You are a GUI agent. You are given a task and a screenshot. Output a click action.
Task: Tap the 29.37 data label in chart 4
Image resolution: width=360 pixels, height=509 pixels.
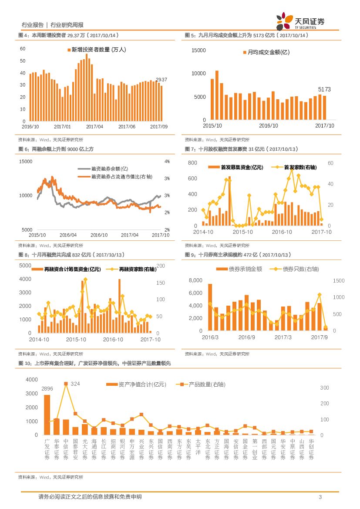[161, 80]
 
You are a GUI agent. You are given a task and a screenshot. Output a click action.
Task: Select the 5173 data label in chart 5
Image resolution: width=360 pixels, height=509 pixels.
[324, 89]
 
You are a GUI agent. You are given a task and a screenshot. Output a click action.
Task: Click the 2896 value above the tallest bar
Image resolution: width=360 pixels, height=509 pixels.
[47, 389]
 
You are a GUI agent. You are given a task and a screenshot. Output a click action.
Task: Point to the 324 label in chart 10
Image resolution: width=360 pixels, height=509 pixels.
[75, 384]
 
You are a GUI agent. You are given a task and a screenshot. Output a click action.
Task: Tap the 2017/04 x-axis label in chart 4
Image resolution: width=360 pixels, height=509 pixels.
[94, 126]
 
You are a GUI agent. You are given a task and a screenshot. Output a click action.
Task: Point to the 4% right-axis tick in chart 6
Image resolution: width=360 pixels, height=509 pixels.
[167, 161]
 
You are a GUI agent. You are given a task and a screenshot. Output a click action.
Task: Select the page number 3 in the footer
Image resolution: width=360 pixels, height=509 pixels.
[320, 497]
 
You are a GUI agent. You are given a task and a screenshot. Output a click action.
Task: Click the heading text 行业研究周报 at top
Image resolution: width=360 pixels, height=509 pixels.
[67, 25]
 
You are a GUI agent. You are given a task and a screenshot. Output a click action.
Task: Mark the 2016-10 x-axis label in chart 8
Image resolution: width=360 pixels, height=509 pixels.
[114, 339]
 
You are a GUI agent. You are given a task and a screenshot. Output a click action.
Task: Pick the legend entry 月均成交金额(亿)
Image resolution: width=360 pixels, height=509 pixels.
[268, 52]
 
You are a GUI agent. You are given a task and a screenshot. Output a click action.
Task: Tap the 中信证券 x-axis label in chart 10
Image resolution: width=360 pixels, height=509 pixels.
[66, 449]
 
